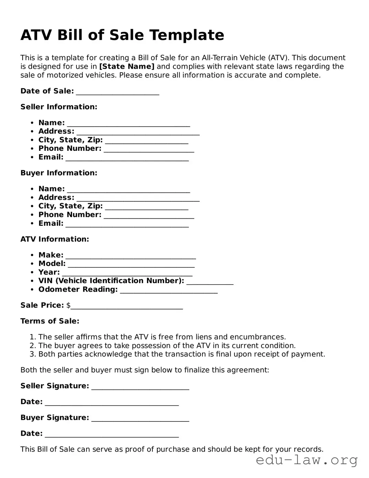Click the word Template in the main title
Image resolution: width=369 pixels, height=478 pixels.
pyautogui.click(x=186, y=35)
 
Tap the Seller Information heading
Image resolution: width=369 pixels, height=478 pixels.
pyautogui.click(x=59, y=107)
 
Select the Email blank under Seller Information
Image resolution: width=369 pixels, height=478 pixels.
pyautogui.click(x=127, y=158)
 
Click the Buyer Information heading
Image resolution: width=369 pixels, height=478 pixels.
pyautogui.click(x=59, y=173)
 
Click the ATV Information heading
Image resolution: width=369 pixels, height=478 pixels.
pyautogui.click(x=55, y=239)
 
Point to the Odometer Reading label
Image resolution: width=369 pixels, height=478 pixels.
pyautogui.click(x=78, y=289)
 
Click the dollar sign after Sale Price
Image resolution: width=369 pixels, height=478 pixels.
pyautogui.click(x=68, y=305)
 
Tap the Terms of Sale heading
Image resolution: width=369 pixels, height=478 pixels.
pyautogui.click(x=50, y=321)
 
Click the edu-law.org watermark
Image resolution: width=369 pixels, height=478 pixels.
pyautogui.click(x=307, y=460)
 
